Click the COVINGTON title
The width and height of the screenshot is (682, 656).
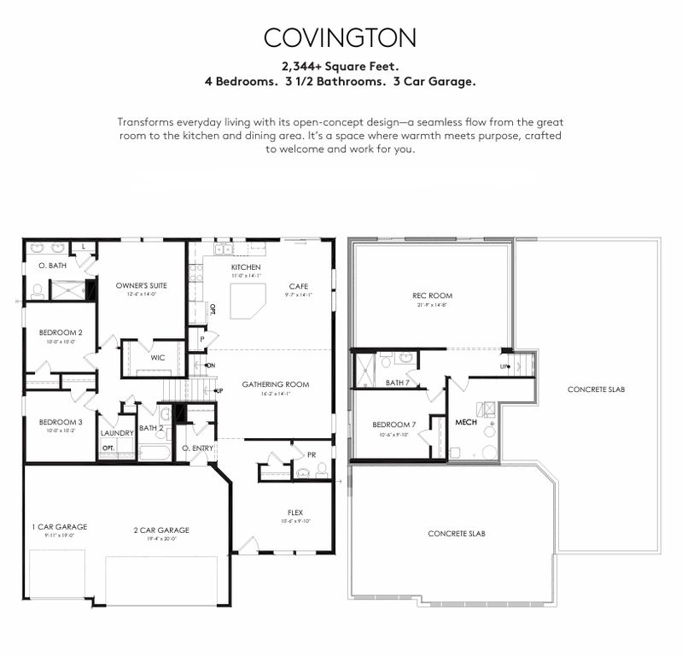click(x=340, y=38)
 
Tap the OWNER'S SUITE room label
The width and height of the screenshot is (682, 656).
click(x=125, y=285)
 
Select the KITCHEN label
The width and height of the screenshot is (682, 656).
click(x=246, y=267)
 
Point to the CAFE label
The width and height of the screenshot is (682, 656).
click(x=298, y=286)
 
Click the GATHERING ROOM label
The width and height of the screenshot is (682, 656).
click(x=275, y=384)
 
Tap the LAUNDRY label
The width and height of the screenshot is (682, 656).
click(x=117, y=421)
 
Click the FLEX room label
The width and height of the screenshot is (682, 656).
click(x=294, y=512)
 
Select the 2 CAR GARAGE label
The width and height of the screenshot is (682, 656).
click(x=161, y=530)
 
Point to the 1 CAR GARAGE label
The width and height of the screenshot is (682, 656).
click(x=60, y=526)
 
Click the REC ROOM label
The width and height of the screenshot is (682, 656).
click(x=432, y=296)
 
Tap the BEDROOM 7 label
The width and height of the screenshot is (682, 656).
click(x=394, y=425)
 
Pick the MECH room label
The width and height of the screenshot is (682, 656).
click(x=465, y=423)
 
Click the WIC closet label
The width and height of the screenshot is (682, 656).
click(x=158, y=358)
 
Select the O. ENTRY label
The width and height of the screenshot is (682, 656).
click(x=197, y=448)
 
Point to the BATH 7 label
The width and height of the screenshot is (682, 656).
click(x=397, y=383)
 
